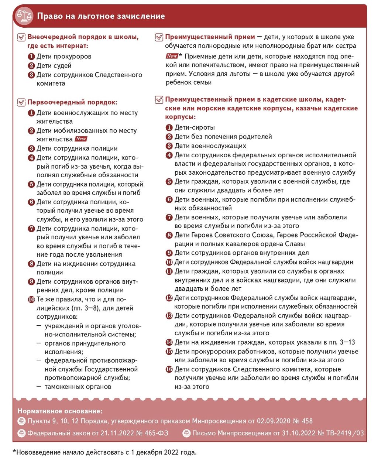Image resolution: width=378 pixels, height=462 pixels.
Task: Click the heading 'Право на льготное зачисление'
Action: click(100, 16)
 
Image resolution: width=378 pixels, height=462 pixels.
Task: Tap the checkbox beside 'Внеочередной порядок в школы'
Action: click(21, 37)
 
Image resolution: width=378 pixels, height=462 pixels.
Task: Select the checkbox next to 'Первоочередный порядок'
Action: click(21, 102)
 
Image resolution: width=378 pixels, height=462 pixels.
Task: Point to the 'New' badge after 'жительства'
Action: click(81, 139)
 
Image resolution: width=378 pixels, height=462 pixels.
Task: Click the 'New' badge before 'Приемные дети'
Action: click(172, 56)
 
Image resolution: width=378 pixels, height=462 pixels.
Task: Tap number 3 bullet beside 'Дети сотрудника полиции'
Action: click(31, 148)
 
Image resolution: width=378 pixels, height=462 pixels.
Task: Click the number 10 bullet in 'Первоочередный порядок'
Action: click(31, 300)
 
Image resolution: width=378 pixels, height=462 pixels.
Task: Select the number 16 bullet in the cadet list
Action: click(169, 369)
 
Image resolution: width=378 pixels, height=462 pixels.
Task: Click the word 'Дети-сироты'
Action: click(195, 127)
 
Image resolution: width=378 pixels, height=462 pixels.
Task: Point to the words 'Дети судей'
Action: click(54, 65)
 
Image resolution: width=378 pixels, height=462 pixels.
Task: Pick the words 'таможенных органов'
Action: click(78, 387)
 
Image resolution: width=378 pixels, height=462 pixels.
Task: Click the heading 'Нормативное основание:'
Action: click(60, 411)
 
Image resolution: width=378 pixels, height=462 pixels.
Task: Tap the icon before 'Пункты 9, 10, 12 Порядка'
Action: click(21, 421)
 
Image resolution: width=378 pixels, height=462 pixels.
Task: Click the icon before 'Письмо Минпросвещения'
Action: click(186, 433)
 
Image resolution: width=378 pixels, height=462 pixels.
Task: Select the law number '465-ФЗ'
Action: click(157, 433)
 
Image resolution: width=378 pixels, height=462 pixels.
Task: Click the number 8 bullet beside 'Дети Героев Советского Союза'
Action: click(169, 235)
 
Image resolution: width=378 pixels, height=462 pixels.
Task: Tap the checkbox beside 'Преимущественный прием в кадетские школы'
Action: click(159, 100)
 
